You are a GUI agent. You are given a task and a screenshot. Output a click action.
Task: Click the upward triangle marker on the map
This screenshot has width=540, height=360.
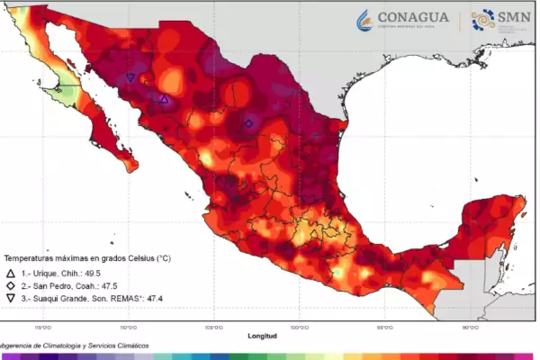(x=164, y=99)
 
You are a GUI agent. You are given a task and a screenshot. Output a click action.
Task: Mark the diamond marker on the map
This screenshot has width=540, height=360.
(x=248, y=123)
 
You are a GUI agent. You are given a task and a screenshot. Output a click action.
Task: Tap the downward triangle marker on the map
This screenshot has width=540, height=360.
(x=131, y=77)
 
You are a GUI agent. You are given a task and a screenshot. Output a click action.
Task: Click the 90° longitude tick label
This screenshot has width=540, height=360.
(x=470, y=328)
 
